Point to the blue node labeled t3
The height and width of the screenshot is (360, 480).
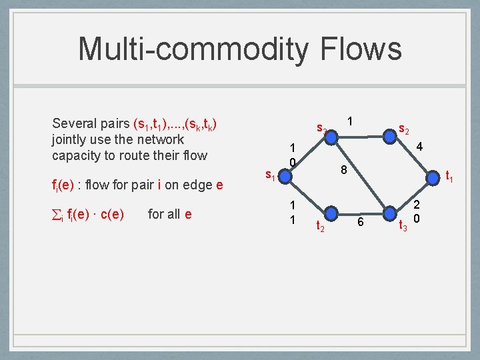coord(389,215)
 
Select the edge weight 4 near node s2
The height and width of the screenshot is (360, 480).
coord(419,146)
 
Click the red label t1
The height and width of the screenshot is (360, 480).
coord(449,177)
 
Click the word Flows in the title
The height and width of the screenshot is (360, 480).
coord(361,49)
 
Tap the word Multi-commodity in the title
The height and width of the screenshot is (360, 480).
coord(193,49)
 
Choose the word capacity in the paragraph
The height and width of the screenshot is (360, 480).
coord(76,156)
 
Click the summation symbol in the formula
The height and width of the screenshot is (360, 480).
coord(57,214)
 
